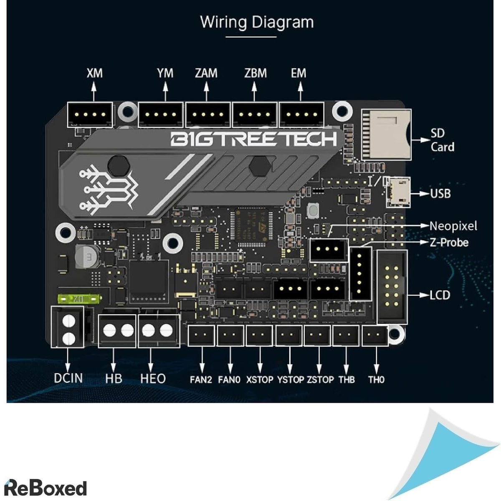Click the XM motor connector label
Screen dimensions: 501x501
click(x=94, y=73)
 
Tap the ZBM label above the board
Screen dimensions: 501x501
click(x=255, y=73)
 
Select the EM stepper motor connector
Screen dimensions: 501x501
click(x=301, y=114)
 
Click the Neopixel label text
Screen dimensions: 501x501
click(x=453, y=226)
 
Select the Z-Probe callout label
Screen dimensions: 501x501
click(x=449, y=242)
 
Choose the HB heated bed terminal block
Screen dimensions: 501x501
click(x=118, y=331)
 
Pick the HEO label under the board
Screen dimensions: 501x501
click(x=153, y=379)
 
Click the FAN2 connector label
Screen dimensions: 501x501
click(x=201, y=380)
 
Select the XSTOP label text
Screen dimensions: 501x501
click(x=259, y=380)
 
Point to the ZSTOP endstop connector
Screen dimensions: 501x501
click(x=319, y=336)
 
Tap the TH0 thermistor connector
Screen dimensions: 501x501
click(x=375, y=336)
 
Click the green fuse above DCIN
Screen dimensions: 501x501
click(x=79, y=299)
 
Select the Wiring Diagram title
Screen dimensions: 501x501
click(x=257, y=22)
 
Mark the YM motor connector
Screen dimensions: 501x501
click(x=161, y=114)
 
